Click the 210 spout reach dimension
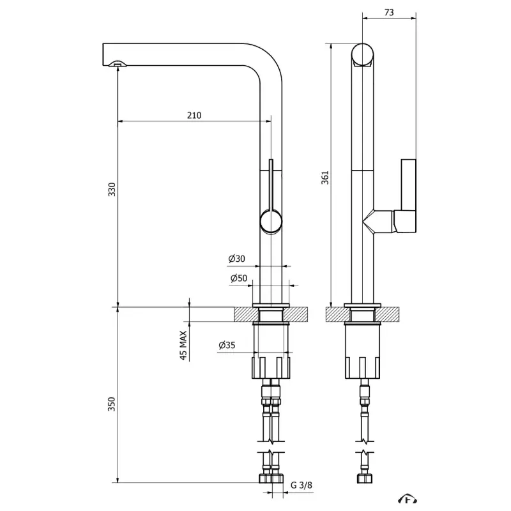pos(194,116)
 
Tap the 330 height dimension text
pos(112,190)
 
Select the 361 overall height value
pos(324,177)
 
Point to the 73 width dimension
pos(389,11)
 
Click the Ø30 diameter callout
pos(237,259)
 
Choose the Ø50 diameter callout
pos(238,278)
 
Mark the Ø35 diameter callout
pos(227,346)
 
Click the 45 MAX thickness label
pos(184,346)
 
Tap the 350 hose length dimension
pos(112,404)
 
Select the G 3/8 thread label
pos(302,485)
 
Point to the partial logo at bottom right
pos(406,500)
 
